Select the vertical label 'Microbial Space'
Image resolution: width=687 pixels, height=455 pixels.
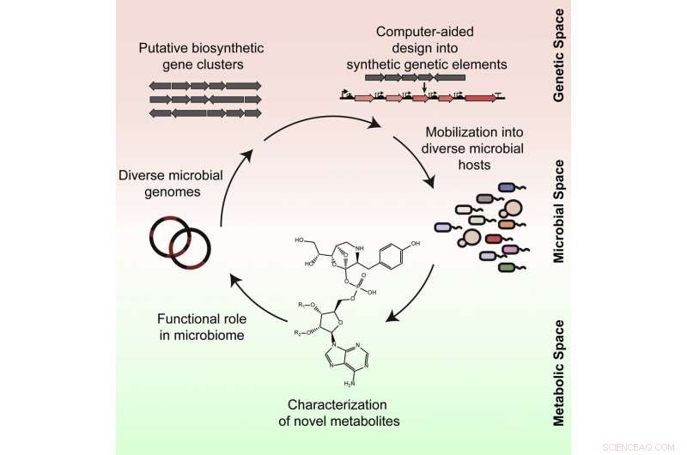(559, 210)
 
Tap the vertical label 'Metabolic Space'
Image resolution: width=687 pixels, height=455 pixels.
(559, 361)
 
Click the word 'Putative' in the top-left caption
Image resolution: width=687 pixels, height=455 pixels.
(165, 46)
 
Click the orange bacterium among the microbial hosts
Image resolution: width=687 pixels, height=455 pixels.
(505, 223)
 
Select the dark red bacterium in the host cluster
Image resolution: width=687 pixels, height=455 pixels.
(492, 239)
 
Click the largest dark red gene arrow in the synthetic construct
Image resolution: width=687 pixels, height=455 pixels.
(480, 98)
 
